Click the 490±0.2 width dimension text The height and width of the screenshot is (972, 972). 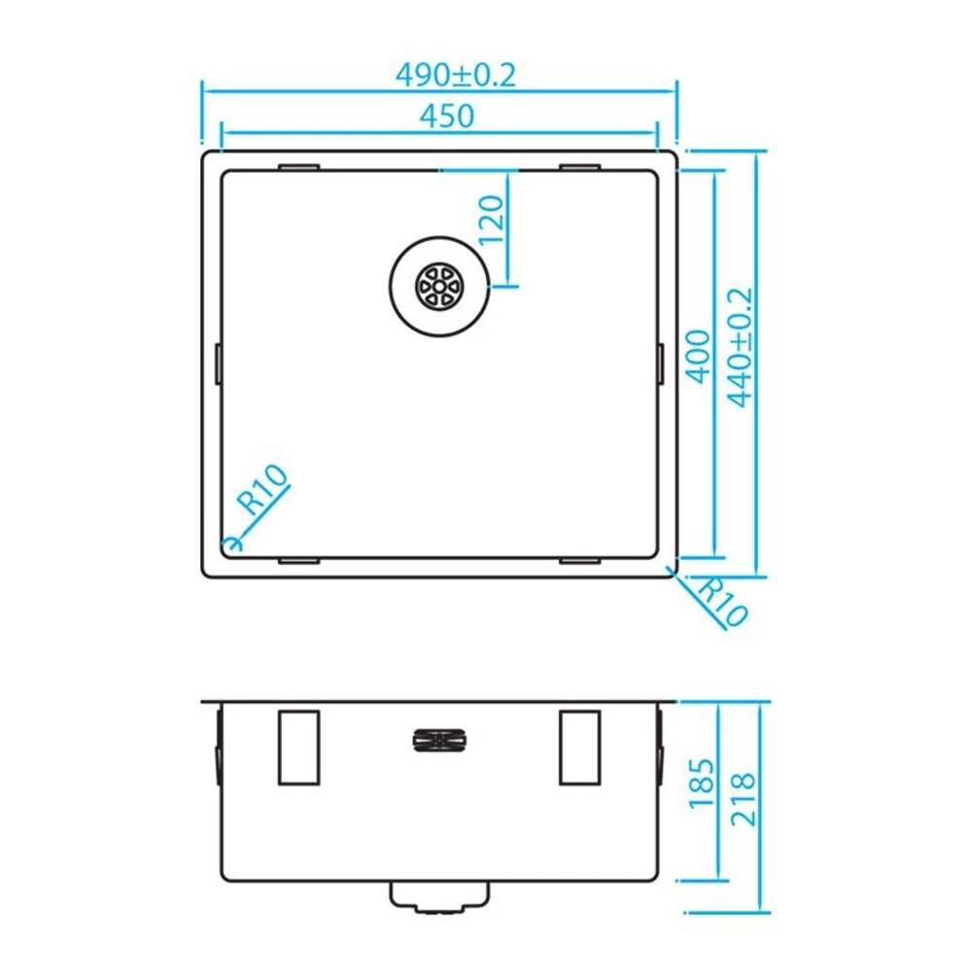[456, 76]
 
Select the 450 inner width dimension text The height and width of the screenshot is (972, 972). [447, 116]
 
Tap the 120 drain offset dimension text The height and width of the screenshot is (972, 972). [491, 220]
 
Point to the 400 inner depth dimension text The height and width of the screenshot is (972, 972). [699, 357]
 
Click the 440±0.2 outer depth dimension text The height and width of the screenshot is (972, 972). [740, 347]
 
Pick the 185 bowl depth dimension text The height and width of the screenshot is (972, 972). [702, 782]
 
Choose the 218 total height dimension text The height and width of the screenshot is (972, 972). [744, 799]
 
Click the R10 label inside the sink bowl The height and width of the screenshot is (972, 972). [264, 490]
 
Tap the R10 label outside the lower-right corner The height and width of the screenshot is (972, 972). [721, 602]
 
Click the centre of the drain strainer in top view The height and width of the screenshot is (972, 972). [439, 287]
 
